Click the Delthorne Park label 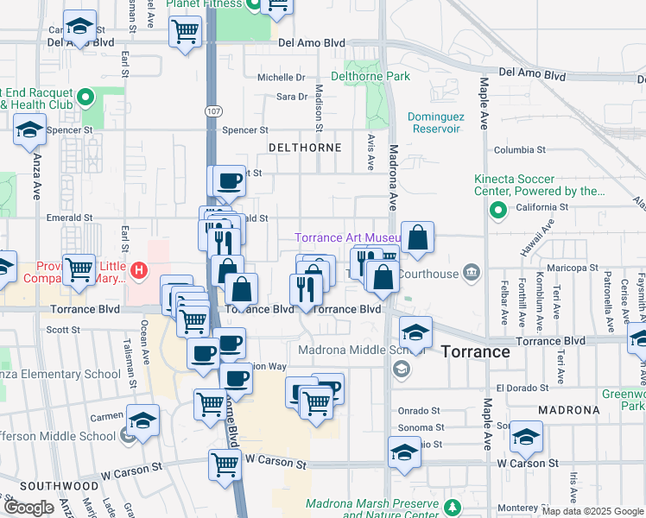pyautogui.click(x=377, y=76)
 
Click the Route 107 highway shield pyautogui.click(x=212, y=111)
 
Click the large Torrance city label pyautogui.click(x=475, y=351)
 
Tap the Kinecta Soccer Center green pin pyautogui.click(x=497, y=209)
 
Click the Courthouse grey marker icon pyautogui.click(x=472, y=273)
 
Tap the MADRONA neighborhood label pyautogui.click(x=568, y=409)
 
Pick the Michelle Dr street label pyautogui.click(x=282, y=77)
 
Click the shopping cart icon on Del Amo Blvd pyautogui.click(x=186, y=32)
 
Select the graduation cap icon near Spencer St pyautogui.click(x=29, y=130)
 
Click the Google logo pyautogui.click(x=28, y=508)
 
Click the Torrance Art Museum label pyautogui.click(x=347, y=238)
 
